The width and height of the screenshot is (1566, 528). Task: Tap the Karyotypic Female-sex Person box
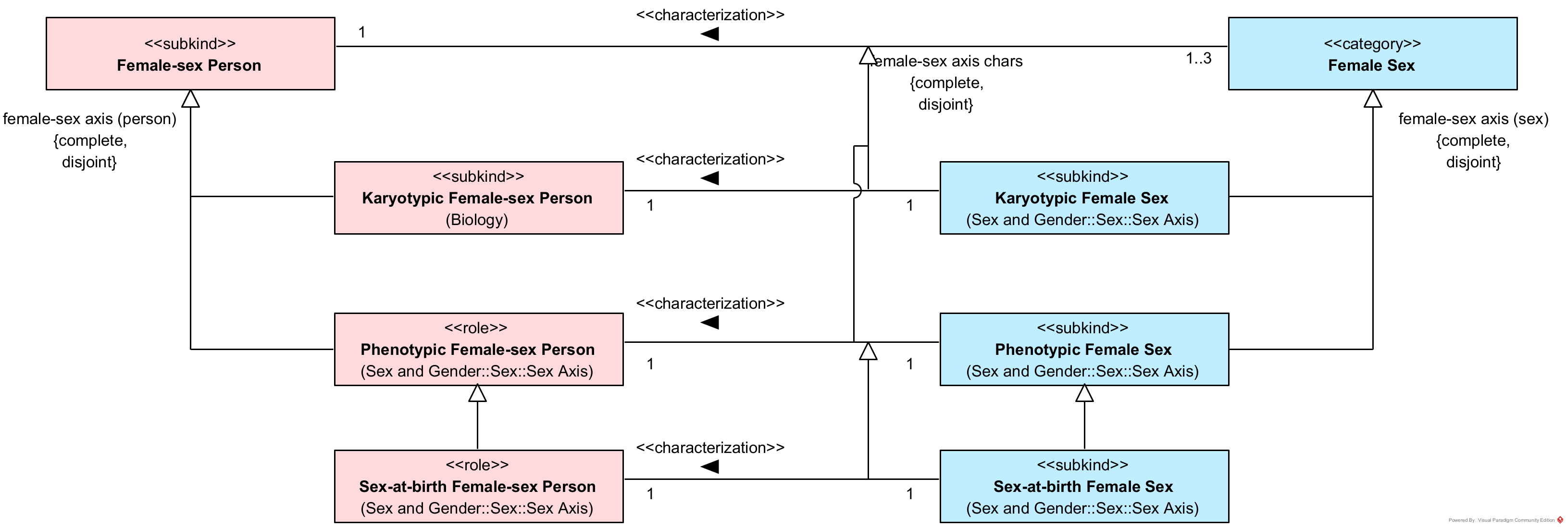(478, 198)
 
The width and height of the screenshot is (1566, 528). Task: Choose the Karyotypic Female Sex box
(1084, 198)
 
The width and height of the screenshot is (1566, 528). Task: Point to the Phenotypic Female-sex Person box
(478, 349)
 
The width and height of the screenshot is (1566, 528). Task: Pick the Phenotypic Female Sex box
(1084, 349)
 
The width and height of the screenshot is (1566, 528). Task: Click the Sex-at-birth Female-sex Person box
(478, 486)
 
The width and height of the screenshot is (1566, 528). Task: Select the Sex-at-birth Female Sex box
(1084, 486)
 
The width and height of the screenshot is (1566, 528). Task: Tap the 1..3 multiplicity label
(1198, 58)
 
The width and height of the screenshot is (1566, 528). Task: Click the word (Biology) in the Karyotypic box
(477, 220)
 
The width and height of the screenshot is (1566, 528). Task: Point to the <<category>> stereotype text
(1372, 44)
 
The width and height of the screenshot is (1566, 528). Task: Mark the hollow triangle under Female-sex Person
(191, 99)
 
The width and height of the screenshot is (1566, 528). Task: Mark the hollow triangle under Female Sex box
(1373, 99)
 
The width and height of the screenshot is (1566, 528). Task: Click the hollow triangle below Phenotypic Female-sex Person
(477, 393)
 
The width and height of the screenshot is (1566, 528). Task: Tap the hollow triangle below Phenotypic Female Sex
(1084, 393)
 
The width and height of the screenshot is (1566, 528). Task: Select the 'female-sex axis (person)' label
(90, 119)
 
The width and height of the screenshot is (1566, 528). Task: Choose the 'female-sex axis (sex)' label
(1473, 119)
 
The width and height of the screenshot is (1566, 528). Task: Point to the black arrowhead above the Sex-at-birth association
(710, 466)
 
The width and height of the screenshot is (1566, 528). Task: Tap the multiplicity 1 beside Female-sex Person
(362, 32)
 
